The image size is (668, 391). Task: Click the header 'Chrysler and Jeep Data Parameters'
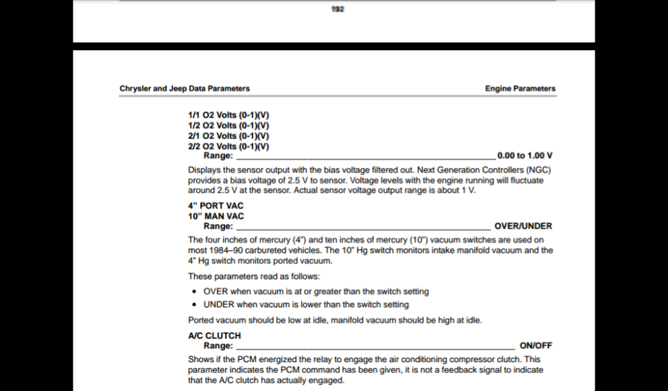(x=184, y=88)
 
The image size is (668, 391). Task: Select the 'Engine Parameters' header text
(x=520, y=88)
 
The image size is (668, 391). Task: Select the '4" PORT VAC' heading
(x=216, y=206)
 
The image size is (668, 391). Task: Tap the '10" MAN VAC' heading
(x=216, y=216)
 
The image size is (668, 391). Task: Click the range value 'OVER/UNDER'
(x=523, y=226)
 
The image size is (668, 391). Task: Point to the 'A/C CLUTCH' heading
(x=214, y=336)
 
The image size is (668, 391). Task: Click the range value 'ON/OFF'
(x=536, y=346)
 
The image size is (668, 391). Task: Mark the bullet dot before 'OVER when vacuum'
(x=194, y=291)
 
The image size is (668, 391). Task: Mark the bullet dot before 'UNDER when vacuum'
(x=194, y=304)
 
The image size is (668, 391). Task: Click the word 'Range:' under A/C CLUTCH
(x=218, y=346)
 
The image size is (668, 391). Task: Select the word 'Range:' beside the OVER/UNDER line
(x=218, y=226)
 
